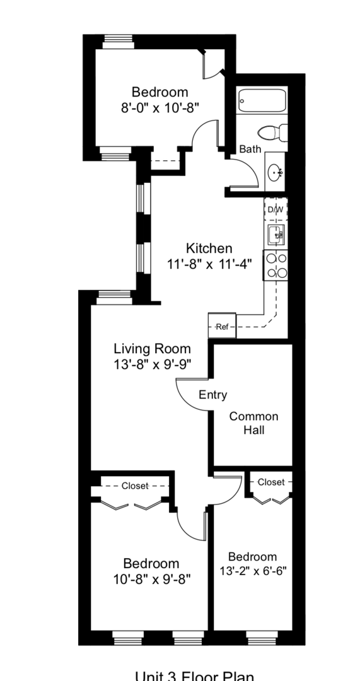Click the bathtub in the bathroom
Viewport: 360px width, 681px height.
tap(262, 101)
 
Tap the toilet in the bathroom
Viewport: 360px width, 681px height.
tap(273, 133)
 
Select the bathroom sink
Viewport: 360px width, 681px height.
tap(275, 171)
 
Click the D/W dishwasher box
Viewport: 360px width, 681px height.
tap(276, 209)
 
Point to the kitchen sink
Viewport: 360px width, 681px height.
tap(276, 236)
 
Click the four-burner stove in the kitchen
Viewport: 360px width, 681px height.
tap(276, 265)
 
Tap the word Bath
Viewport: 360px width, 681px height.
tap(250, 149)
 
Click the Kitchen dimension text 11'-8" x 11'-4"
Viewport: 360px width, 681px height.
tap(209, 265)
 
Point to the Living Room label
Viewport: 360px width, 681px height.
tap(152, 348)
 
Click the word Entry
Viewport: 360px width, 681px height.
tap(212, 395)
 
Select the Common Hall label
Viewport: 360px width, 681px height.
tap(253, 423)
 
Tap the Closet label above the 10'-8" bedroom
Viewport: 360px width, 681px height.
tap(135, 486)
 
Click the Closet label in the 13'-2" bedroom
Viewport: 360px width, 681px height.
tap(271, 482)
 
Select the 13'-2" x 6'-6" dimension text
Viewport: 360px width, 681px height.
tap(252, 572)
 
